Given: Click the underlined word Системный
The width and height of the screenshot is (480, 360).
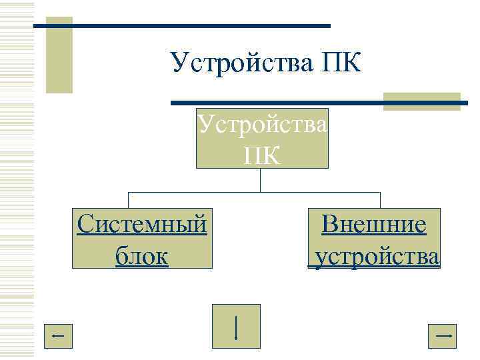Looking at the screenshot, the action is tap(141, 225).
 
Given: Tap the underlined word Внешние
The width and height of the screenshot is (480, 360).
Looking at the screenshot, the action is tap(373, 225).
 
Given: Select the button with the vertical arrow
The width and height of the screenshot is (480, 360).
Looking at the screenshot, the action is tap(236, 326).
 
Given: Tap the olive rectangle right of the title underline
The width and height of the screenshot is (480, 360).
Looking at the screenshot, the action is tap(421, 101).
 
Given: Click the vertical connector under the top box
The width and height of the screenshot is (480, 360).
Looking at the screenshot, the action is tap(261, 180).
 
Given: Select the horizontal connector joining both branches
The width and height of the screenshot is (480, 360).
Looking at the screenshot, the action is tap(253, 192).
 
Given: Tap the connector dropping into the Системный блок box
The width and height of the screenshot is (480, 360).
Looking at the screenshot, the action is tap(128, 200).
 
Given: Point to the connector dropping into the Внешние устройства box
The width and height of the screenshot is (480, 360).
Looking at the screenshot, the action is tap(380, 200).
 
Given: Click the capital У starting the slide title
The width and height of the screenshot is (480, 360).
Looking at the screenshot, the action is tap(179, 63).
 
